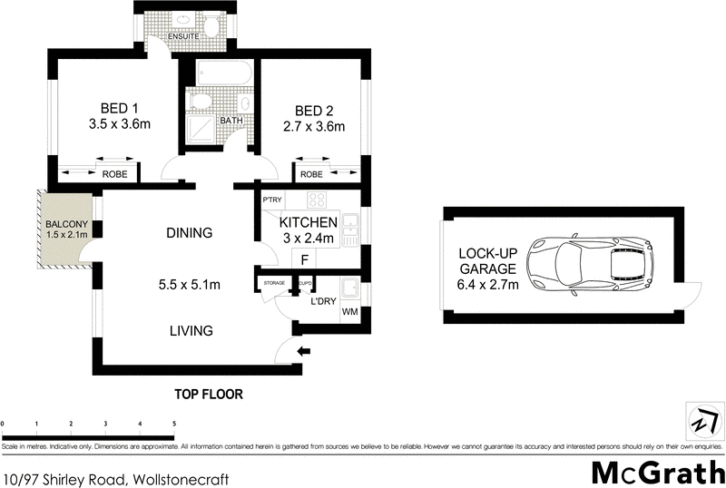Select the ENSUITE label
click(x=172, y=37)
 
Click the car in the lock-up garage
click(x=594, y=267)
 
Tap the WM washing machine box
click(x=349, y=313)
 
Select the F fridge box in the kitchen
click(x=306, y=259)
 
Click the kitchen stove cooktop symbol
click(x=318, y=201)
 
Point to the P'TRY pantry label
click(x=270, y=200)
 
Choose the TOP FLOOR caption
click(x=210, y=395)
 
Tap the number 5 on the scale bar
click(x=173, y=424)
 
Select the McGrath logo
click(x=657, y=473)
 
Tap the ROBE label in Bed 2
click(x=312, y=174)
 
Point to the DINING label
click(x=189, y=233)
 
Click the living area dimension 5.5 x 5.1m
click(x=189, y=285)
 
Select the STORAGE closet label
click(x=274, y=283)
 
